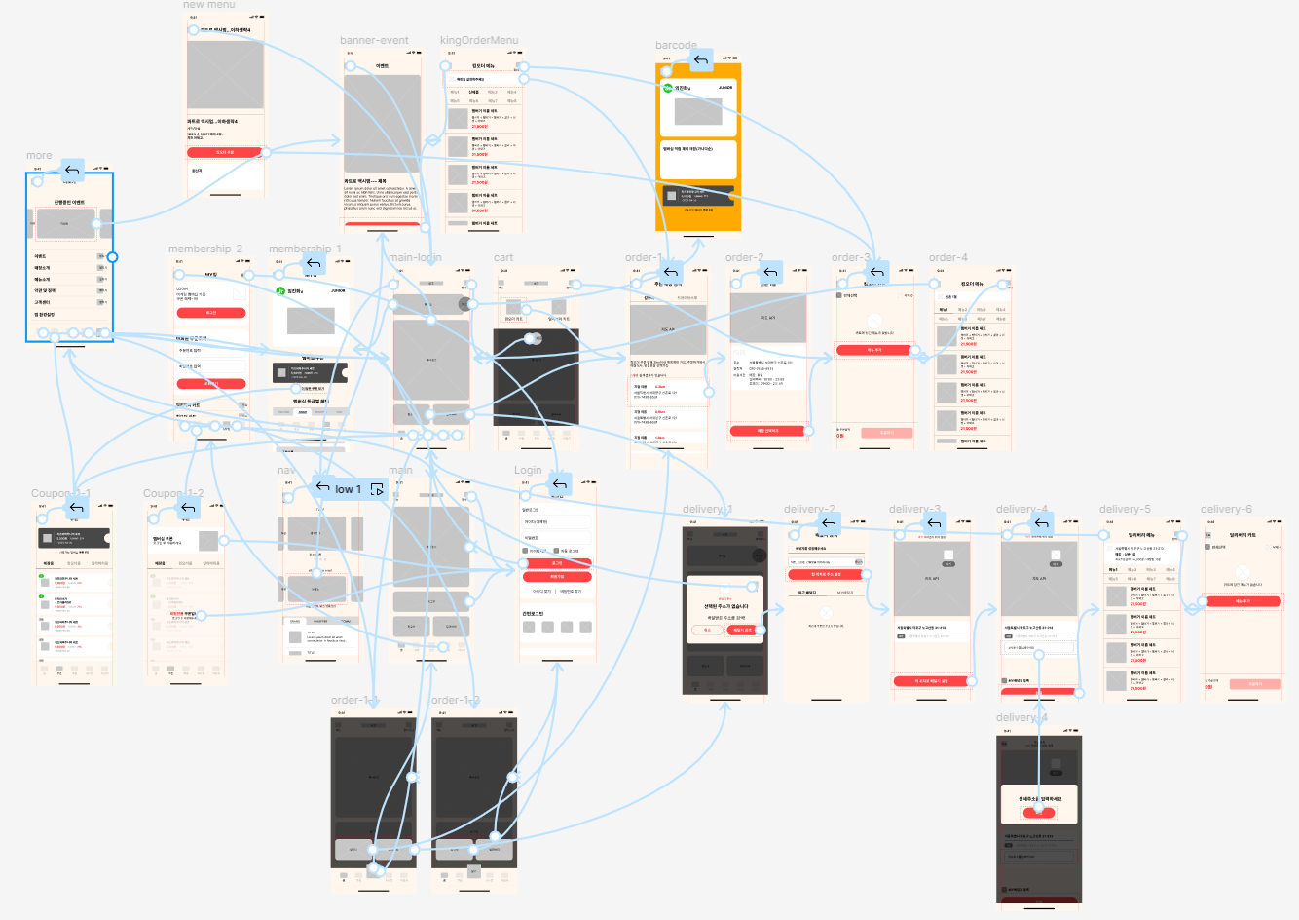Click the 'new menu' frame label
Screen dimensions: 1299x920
click(x=209, y=5)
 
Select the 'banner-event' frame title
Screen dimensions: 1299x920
click(x=374, y=41)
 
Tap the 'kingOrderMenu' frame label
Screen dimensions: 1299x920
click(x=479, y=41)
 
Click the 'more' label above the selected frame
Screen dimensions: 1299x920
click(x=39, y=156)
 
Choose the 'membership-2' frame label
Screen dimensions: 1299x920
click(x=204, y=249)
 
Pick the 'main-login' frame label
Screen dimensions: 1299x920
click(x=415, y=258)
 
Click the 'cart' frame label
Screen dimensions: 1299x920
click(x=503, y=258)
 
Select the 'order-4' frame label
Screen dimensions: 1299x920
click(x=948, y=258)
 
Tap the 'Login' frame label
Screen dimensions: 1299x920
click(x=528, y=471)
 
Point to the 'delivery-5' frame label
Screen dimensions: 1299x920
click(x=1125, y=510)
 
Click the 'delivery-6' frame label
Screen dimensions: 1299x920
click(x=1226, y=510)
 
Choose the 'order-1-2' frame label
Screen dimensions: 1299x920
click(x=456, y=701)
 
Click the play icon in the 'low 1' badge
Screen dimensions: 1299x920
click(x=377, y=489)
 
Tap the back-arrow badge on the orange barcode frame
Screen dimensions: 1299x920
click(x=701, y=61)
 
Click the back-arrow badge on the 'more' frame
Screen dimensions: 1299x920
click(x=72, y=172)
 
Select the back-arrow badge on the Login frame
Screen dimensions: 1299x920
click(x=559, y=484)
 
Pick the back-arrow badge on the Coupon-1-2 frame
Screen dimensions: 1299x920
click(x=188, y=508)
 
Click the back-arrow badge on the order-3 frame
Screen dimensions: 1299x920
click(x=877, y=273)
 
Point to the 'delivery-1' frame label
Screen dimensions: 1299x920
click(x=707, y=510)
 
